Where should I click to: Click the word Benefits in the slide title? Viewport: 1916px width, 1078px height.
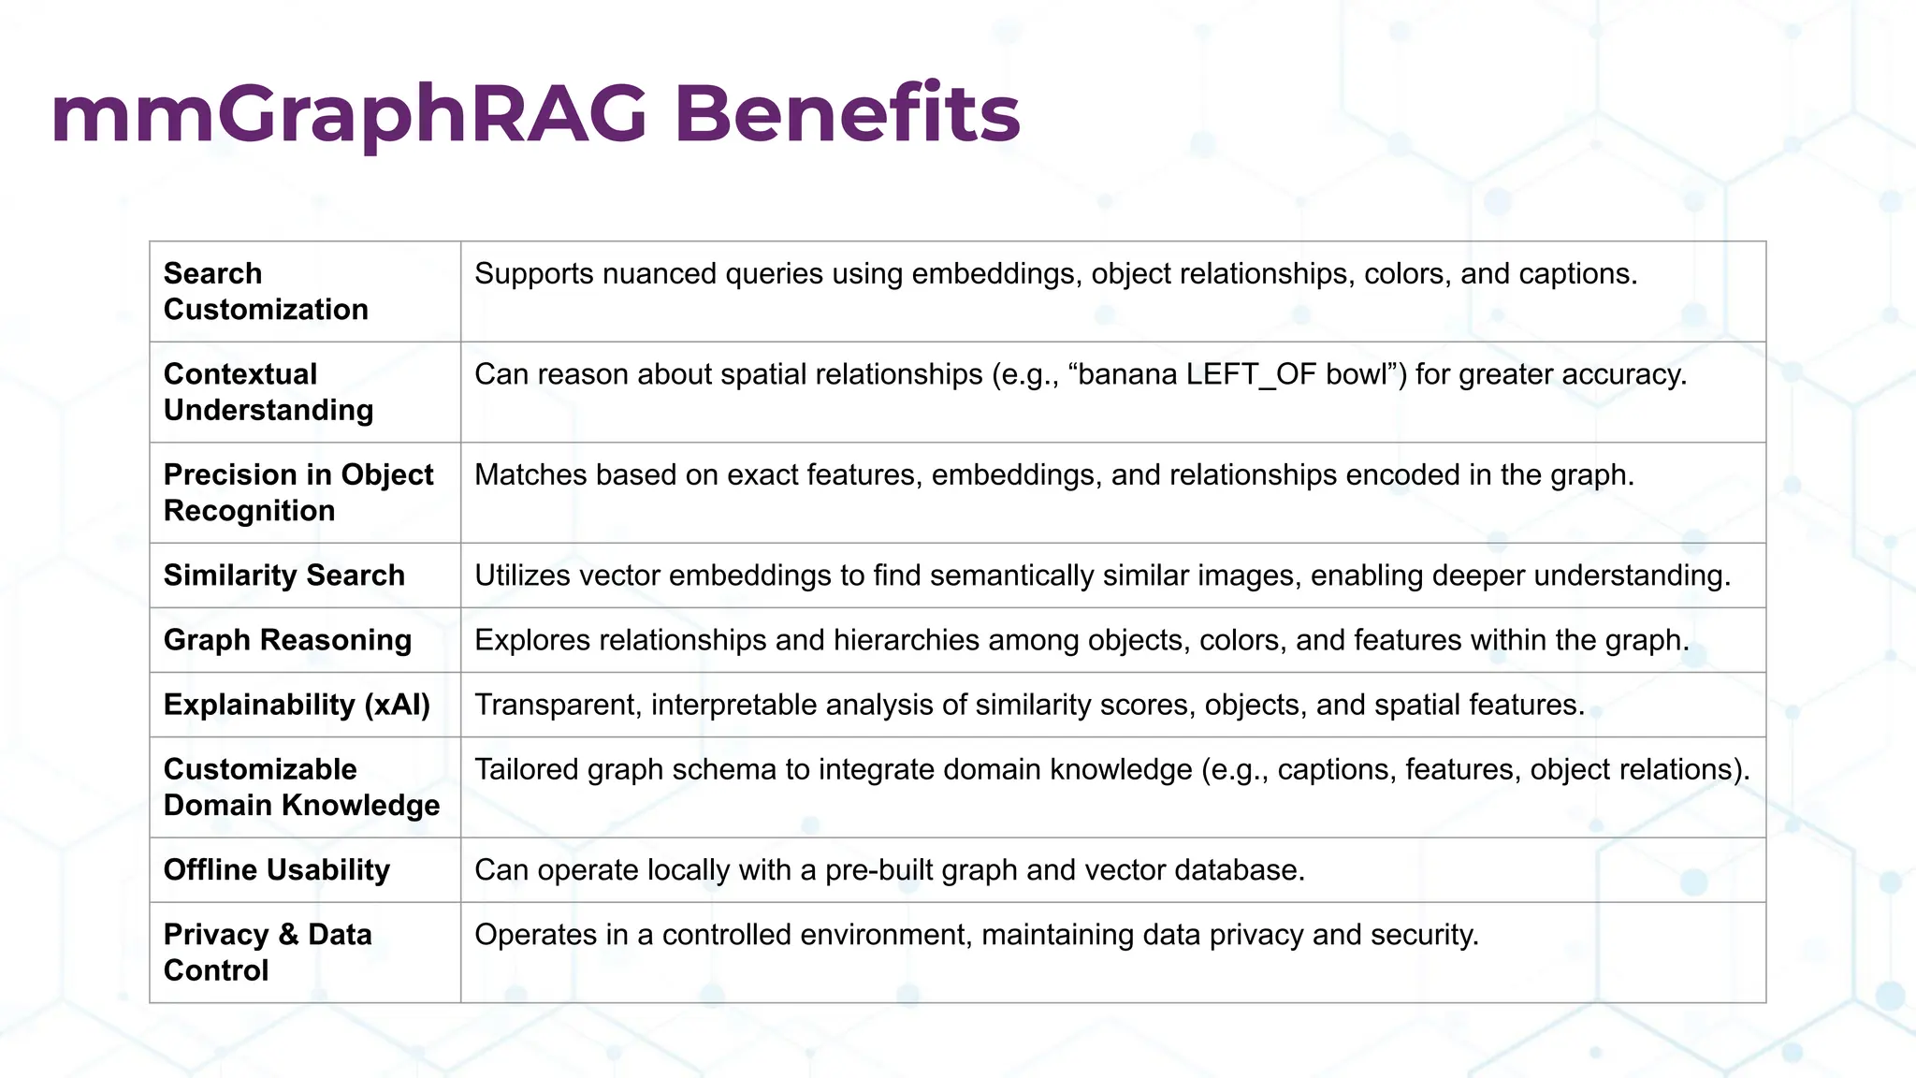point(847,114)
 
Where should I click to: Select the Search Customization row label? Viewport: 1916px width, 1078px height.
point(266,291)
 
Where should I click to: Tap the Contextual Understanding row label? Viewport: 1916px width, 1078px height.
point(269,391)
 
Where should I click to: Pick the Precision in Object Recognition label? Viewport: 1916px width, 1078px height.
point(298,492)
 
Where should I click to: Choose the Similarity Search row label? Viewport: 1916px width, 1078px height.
point(283,575)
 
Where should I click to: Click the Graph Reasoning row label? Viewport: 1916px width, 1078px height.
point(287,639)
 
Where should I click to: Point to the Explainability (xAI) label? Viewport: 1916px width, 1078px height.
point(297,704)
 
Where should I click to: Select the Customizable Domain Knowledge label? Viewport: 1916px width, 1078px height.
point(301,786)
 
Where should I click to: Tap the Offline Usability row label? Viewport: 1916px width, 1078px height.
point(276,869)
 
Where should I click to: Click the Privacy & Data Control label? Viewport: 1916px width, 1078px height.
point(268,952)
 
